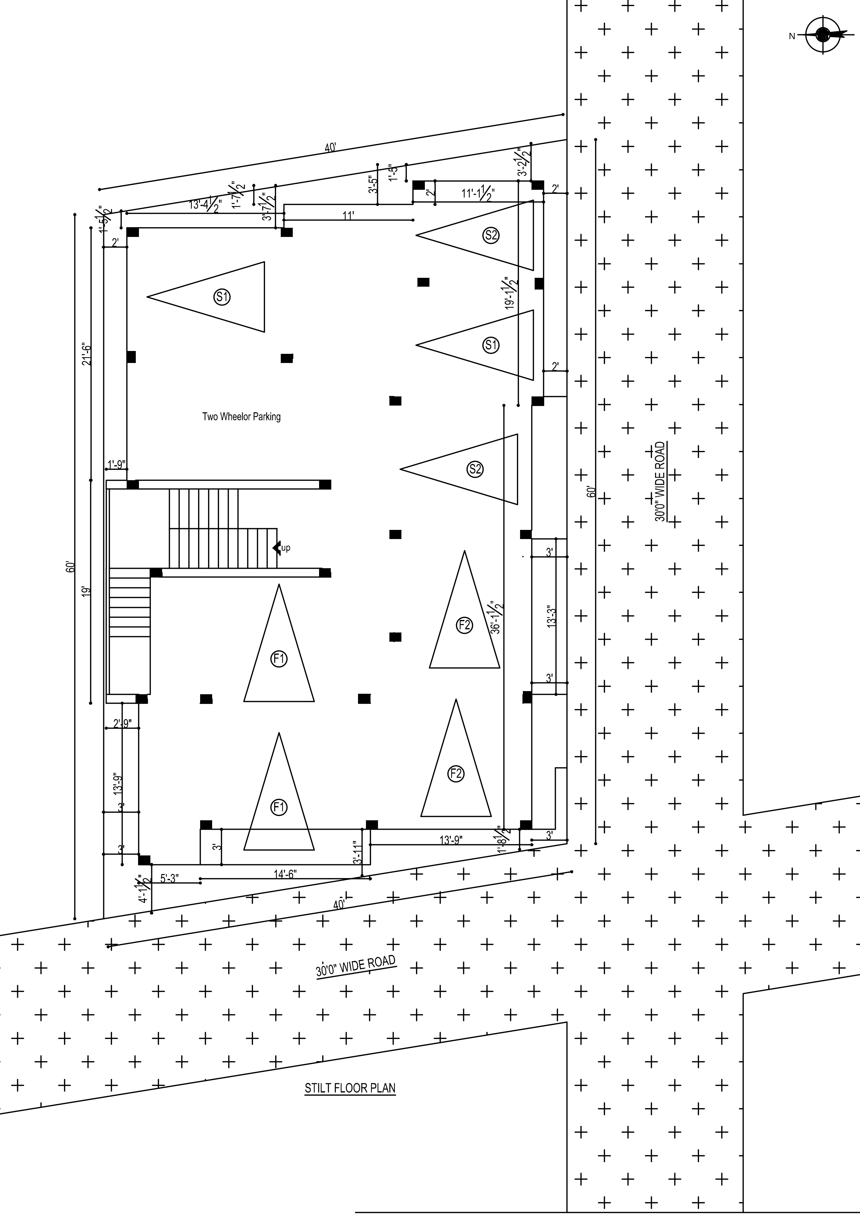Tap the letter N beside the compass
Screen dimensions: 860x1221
coord(792,36)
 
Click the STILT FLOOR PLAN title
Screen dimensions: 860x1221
coord(350,1089)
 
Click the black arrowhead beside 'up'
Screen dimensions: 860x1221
coord(276,547)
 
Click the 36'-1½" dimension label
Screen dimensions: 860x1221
coord(497,617)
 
